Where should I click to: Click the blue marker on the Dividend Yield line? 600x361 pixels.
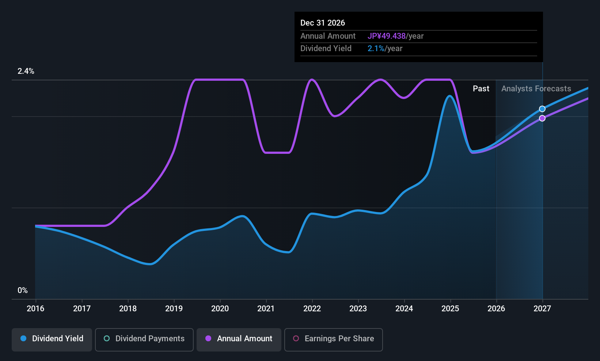click(542, 109)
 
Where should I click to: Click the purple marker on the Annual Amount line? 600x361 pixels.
click(542, 118)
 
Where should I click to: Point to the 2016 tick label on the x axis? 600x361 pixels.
click(35, 308)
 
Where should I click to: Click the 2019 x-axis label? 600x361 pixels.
click(174, 308)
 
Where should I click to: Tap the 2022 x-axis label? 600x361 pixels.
click(312, 308)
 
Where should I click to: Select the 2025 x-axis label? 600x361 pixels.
click(450, 308)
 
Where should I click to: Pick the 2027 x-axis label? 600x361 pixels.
click(542, 308)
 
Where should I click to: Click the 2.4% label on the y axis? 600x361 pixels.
click(26, 71)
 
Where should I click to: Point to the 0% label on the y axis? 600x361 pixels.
click(23, 290)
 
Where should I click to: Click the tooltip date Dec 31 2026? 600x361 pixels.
click(323, 23)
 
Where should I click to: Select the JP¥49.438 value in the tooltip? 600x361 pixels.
click(386, 36)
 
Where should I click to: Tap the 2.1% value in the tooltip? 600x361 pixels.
click(376, 49)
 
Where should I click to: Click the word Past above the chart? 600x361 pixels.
click(481, 89)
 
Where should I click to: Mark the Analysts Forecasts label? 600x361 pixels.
click(536, 89)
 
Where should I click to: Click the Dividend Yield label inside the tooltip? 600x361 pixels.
click(326, 49)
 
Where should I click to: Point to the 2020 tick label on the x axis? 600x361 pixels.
click(220, 308)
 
